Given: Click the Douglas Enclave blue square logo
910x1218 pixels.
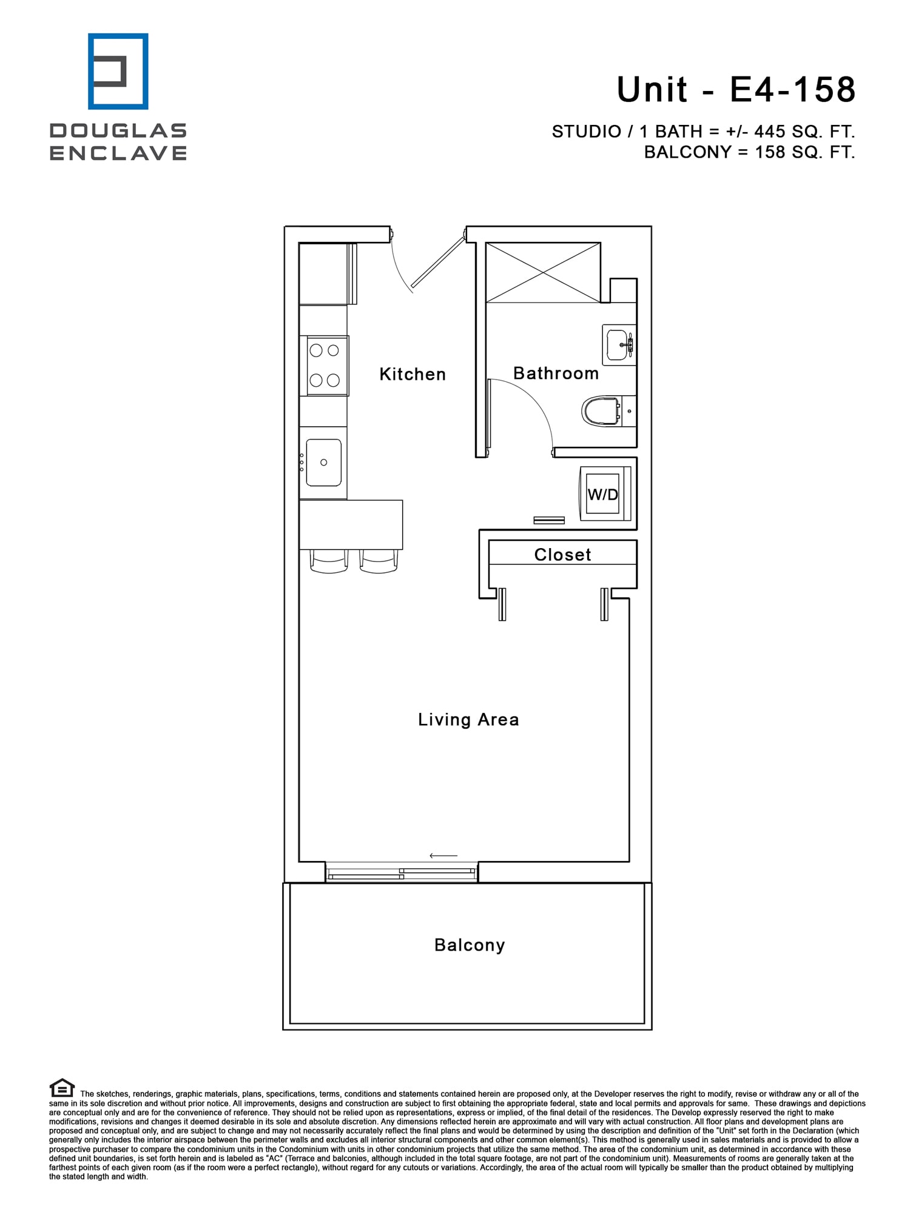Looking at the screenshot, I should click(x=118, y=72).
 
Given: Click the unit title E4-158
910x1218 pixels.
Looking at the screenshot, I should click(x=736, y=90).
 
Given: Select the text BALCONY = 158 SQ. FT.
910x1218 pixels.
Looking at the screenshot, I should click(x=749, y=152).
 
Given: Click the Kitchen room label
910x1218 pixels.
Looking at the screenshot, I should click(x=413, y=374).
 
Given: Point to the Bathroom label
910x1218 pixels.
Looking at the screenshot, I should click(x=556, y=373).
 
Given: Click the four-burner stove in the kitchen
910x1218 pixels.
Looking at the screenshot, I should click(x=325, y=365).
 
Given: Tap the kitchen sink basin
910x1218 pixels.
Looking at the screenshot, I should click(x=323, y=463).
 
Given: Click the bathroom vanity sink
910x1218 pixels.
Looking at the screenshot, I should click(x=618, y=344).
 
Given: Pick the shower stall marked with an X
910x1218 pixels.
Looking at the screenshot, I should click(x=543, y=272).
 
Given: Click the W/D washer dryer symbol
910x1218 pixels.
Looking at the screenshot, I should click(x=603, y=494).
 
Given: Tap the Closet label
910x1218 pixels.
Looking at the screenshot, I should click(x=562, y=554).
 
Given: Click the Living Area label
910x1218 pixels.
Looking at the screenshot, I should click(x=468, y=720).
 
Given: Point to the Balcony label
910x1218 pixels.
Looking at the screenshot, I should click(x=470, y=945).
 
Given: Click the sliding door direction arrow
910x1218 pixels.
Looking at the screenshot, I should click(x=443, y=855).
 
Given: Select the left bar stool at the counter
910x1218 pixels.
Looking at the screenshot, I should click(x=329, y=561).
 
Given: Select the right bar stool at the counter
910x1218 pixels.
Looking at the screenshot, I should click(x=379, y=561).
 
